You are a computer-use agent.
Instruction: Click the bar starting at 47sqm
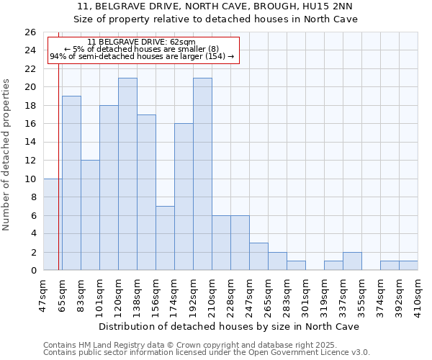pyautogui.click(x=53, y=225)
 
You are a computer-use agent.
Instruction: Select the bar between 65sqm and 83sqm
pyautogui.click(x=71, y=183)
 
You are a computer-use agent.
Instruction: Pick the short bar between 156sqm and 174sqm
pyautogui.click(x=165, y=238)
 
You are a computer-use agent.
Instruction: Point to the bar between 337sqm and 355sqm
pyautogui.click(x=352, y=261)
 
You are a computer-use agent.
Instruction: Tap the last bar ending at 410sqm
pyautogui.click(x=408, y=266)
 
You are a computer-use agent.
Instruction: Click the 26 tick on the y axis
pyautogui.click(x=30, y=32)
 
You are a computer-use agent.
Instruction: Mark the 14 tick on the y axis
pyautogui.click(x=30, y=143)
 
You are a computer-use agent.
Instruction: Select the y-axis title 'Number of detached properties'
pyautogui.click(x=7, y=155)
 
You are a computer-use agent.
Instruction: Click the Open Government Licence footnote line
pyautogui.click(x=207, y=352)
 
